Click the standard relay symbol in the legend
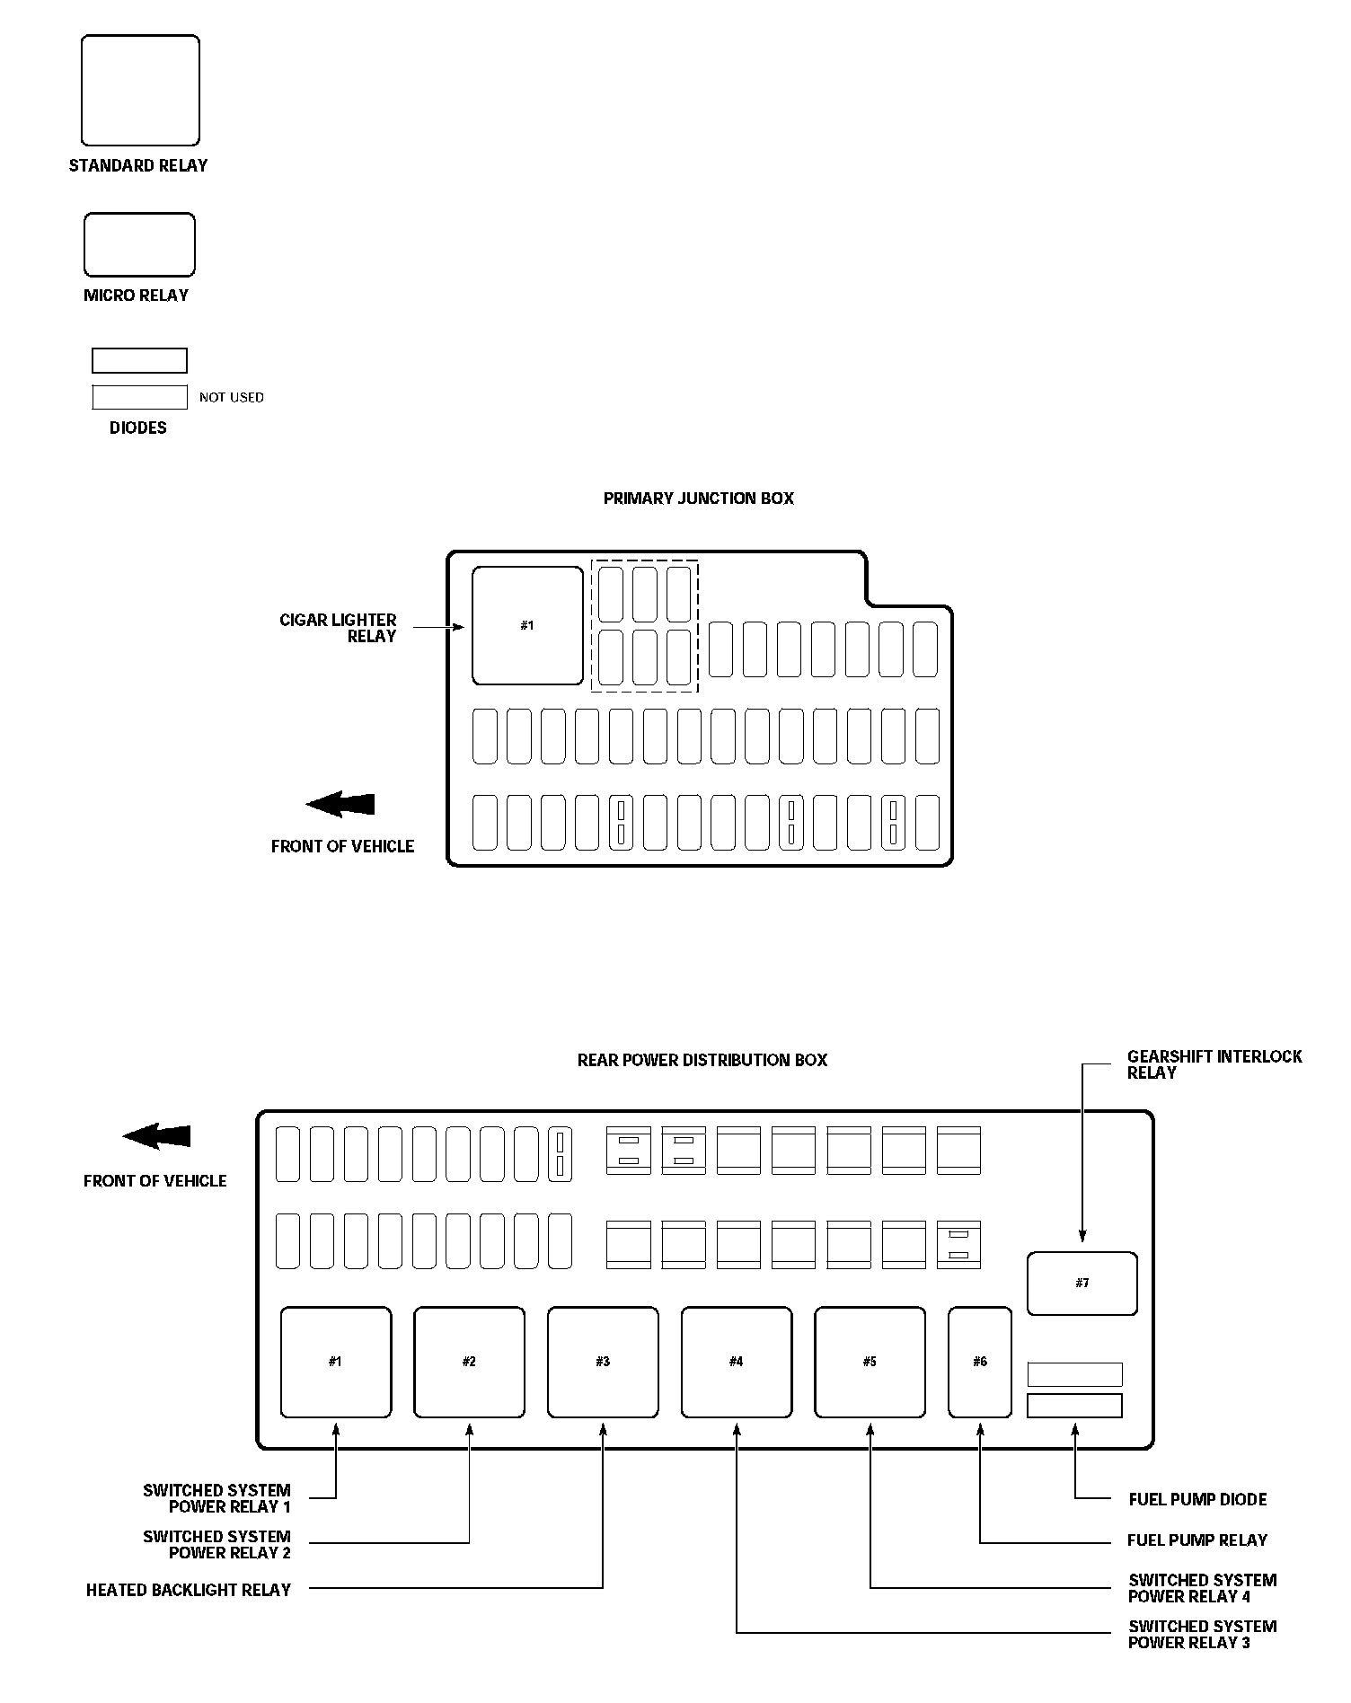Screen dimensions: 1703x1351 coord(140,91)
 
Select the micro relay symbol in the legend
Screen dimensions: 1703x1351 coord(139,244)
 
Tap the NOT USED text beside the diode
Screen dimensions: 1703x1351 coord(232,397)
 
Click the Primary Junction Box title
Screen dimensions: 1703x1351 coord(698,499)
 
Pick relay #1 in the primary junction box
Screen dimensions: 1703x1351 coord(527,625)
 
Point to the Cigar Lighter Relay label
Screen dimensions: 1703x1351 coord(339,628)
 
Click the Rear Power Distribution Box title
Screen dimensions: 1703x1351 coord(702,1060)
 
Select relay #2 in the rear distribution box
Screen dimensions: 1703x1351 coord(469,1362)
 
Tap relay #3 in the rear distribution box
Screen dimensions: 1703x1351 coord(603,1362)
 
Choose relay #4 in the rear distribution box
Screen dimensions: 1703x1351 coord(737,1362)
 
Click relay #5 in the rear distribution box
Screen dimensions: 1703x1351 coord(870,1362)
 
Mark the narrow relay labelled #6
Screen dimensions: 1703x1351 coord(980,1362)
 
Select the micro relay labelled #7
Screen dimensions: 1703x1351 coord(1082,1284)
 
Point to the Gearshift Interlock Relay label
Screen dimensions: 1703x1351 coord(1214,1064)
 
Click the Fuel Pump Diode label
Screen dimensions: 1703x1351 coord(1197,1499)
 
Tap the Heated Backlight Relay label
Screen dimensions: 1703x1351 coord(189,1590)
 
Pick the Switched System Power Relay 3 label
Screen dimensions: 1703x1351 coord(1202,1634)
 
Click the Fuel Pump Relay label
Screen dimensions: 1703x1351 coord(1196,1540)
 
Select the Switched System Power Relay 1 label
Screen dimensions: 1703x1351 coord(217,1498)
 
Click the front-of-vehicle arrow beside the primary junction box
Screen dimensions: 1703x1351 coord(340,804)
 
